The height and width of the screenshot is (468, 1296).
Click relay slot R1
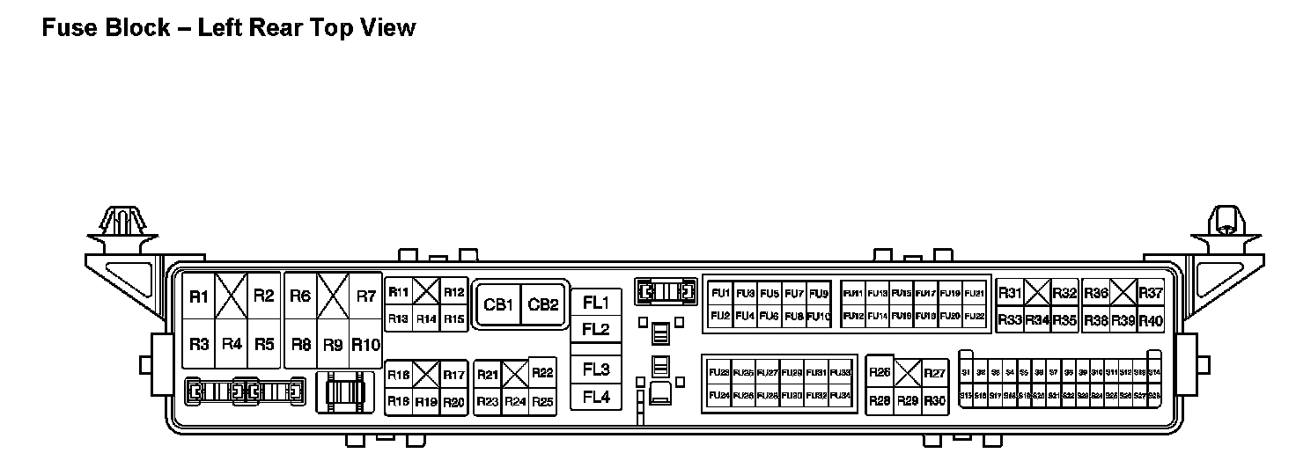(199, 296)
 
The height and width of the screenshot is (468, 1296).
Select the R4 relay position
(232, 344)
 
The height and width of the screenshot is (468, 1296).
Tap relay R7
(365, 296)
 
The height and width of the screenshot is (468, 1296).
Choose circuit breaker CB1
(497, 305)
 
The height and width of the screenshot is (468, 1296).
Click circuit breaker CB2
(543, 305)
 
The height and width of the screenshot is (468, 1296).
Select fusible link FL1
(596, 303)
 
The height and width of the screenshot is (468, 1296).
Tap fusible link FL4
(596, 398)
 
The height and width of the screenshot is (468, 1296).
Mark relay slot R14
(426, 318)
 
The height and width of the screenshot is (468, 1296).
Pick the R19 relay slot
(426, 402)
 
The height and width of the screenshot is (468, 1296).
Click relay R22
(542, 374)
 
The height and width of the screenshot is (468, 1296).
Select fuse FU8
(794, 316)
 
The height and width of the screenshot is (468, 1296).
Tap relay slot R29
(908, 401)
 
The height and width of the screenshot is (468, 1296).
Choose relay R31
(1010, 294)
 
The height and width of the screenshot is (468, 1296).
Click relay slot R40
(1151, 321)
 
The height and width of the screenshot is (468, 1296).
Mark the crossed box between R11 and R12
(426, 291)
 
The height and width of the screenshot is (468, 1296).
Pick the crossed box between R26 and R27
(908, 373)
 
